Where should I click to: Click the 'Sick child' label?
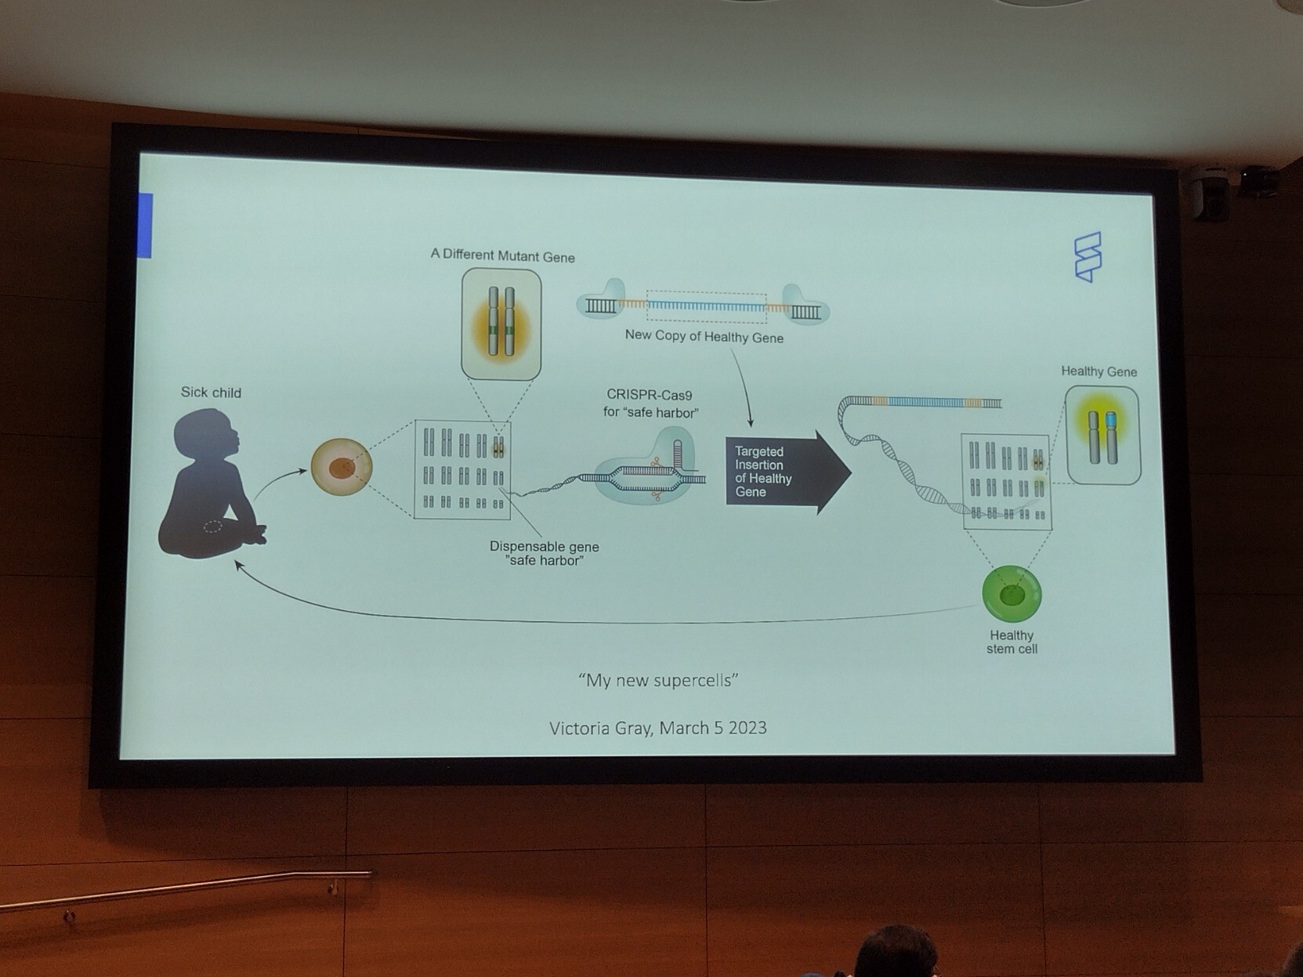[x=211, y=393]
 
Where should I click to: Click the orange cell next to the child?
[x=342, y=468]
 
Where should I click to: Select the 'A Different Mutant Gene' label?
[x=502, y=256]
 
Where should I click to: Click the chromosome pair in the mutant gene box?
[x=501, y=322]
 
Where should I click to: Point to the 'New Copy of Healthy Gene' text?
[x=704, y=337]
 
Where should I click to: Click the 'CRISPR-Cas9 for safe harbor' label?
[x=650, y=403]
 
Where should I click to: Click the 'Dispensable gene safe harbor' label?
[x=544, y=553]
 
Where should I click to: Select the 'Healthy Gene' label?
[x=1099, y=371]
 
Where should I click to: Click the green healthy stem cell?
[x=1012, y=595]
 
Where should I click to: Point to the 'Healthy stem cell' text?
[x=1012, y=642]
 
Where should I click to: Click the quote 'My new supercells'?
[x=658, y=680]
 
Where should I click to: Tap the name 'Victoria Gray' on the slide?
[x=600, y=728]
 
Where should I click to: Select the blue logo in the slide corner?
[x=1088, y=256]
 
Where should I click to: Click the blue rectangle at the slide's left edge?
[x=145, y=226]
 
